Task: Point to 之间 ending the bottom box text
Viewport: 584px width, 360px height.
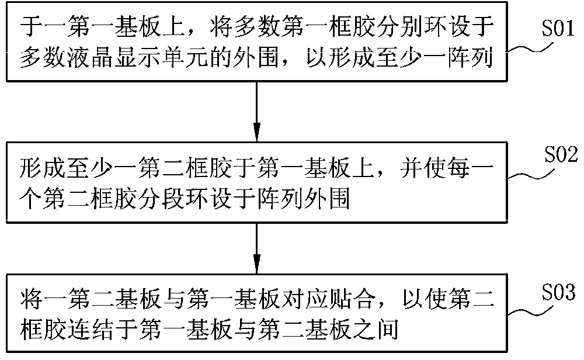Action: click(374, 330)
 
